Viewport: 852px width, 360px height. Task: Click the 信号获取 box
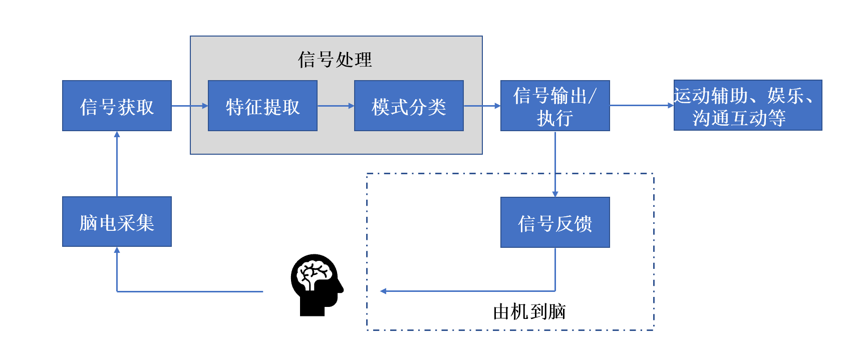pos(117,106)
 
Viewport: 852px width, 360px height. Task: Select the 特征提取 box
pos(262,106)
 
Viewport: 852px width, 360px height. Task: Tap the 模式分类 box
pos(409,106)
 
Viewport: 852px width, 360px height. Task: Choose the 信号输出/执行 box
pos(555,106)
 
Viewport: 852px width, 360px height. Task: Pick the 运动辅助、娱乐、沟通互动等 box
pos(747,105)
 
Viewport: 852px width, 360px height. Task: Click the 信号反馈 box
pos(555,222)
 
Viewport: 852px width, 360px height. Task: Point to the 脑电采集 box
pos(117,221)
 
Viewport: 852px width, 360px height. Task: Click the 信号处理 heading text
pos(335,60)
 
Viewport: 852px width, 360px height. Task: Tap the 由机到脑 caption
pos(529,311)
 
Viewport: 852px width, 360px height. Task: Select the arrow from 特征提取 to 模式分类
pos(336,106)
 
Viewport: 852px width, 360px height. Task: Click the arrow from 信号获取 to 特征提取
pos(189,106)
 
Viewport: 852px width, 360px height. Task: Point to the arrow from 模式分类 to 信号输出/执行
pos(482,106)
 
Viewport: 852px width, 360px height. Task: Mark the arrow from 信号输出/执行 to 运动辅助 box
pos(641,105)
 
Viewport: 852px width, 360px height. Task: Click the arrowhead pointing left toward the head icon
pos(383,291)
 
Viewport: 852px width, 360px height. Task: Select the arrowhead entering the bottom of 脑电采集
pos(117,250)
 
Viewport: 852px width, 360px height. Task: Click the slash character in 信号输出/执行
pos(593,95)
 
